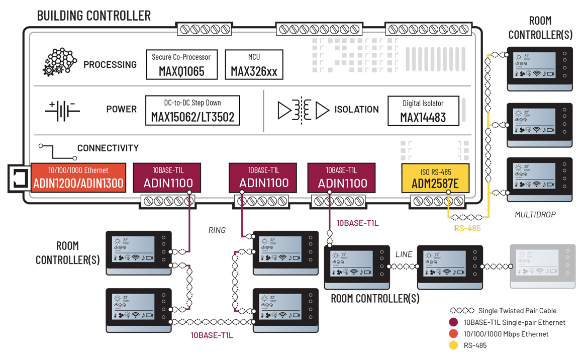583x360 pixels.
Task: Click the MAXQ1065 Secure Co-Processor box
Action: click(x=181, y=64)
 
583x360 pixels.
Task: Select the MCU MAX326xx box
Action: click(x=254, y=64)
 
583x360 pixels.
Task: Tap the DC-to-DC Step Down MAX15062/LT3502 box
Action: click(x=192, y=111)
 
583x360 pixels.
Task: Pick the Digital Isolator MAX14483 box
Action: click(x=423, y=111)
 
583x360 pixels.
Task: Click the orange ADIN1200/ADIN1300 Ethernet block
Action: click(x=78, y=177)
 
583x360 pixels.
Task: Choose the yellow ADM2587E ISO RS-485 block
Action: click(x=435, y=178)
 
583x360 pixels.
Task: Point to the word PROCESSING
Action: click(x=110, y=65)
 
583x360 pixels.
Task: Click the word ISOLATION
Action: click(x=357, y=110)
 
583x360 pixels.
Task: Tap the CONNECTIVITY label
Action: click(x=108, y=148)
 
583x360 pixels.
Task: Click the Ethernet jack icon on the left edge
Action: click(x=19, y=179)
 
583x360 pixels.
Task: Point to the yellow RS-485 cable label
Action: click(x=467, y=228)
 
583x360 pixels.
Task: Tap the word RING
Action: click(x=217, y=230)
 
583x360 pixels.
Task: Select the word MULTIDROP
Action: click(x=535, y=215)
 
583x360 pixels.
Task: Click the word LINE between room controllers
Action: click(x=404, y=254)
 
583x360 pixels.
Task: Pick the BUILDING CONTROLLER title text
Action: click(x=94, y=16)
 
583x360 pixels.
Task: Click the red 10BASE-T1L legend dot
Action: click(x=454, y=322)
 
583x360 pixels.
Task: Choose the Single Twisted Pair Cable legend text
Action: click(x=517, y=311)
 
